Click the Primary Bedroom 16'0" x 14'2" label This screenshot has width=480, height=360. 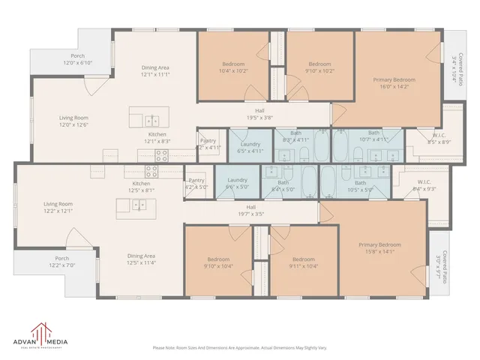pyautogui.click(x=394, y=83)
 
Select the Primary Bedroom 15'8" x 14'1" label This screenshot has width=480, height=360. pyautogui.click(x=379, y=248)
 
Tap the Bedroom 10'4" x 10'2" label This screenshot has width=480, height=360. pyautogui.click(x=233, y=67)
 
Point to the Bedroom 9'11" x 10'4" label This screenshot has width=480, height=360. pyautogui.click(x=304, y=262)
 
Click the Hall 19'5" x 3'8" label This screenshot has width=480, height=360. pyautogui.click(x=259, y=114)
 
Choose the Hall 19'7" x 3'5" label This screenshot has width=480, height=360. pyautogui.click(x=250, y=211)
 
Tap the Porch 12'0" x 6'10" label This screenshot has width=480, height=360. pyautogui.click(x=78, y=60)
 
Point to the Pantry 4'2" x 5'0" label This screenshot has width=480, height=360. pyautogui.click(x=196, y=184)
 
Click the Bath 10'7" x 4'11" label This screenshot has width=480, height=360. pyautogui.click(x=373, y=136)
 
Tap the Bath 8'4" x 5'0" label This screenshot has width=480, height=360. pyautogui.click(x=283, y=186)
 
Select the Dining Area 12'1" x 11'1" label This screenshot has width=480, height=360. pyautogui.click(x=156, y=72)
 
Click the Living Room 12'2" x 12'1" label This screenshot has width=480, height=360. pyautogui.click(x=58, y=208)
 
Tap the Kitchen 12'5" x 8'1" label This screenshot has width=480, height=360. pyautogui.click(x=141, y=187)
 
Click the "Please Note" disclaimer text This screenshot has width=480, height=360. pyautogui.click(x=239, y=347)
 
